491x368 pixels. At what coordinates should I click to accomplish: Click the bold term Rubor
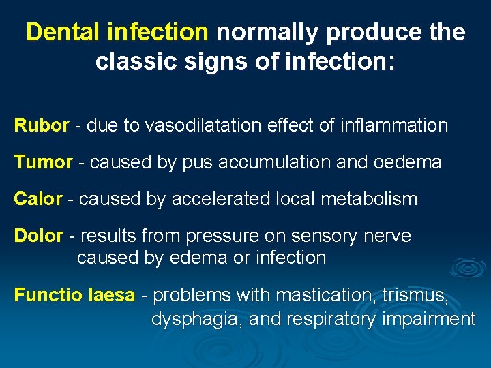tap(42, 125)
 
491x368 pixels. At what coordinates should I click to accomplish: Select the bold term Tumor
tap(43, 162)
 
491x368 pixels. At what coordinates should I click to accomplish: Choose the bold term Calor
tap(38, 199)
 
